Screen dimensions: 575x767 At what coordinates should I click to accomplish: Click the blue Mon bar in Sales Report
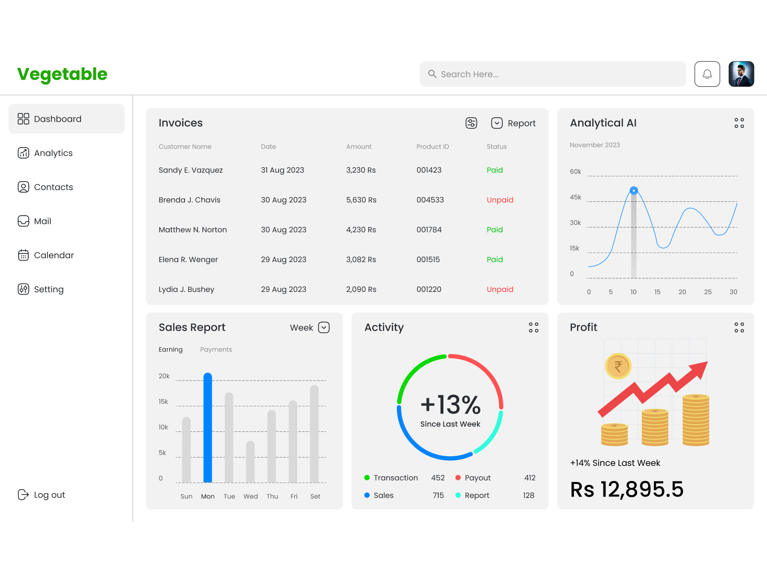click(x=208, y=427)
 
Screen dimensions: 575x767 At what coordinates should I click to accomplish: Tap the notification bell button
click(x=707, y=74)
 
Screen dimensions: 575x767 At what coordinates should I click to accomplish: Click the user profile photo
click(x=741, y=74)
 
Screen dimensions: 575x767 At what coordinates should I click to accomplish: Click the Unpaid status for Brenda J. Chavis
click(x=500, y=200)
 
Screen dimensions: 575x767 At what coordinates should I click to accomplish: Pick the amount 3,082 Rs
click(x=361, y=259)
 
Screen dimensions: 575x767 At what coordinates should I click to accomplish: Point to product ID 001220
click(x=429, y=289)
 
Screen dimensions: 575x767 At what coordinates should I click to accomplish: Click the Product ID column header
click(x=432, y=147)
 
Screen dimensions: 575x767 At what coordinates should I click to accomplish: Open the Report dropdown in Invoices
click(x=513, y=123)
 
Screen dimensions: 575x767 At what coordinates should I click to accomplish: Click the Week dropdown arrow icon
click(x=324, y=327)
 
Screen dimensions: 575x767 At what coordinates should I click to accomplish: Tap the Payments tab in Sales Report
click(x=216, y=349)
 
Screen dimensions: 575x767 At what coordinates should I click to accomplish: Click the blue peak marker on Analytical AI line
click(x=634, y=191)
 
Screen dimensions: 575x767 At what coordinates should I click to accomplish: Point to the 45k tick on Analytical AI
click(x=575, y=197)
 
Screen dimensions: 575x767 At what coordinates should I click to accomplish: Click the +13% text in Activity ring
click(x=450, y=405)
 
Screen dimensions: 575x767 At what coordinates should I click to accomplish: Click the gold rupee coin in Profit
click(x=618, y=367)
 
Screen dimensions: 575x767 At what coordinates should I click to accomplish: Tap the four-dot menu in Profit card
click(x=739, y=327)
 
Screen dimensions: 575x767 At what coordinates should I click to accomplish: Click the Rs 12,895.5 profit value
click(x=627, y=489)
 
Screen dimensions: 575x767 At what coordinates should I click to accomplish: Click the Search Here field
click(x=552, y=74)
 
